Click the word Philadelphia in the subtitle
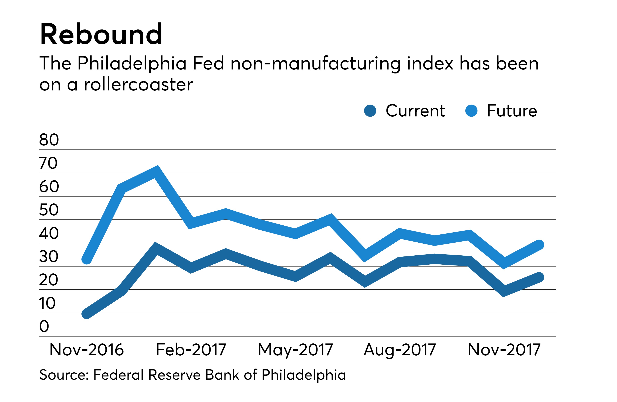point(132,64)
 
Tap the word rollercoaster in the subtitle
point(138,85)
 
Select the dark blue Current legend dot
point(370,111)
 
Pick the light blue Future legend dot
point(471,111)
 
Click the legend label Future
point(512,111)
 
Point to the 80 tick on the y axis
point(49,140)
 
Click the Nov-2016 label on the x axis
point(87,350)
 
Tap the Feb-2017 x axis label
point(191,350)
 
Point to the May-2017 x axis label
point(295,350)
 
